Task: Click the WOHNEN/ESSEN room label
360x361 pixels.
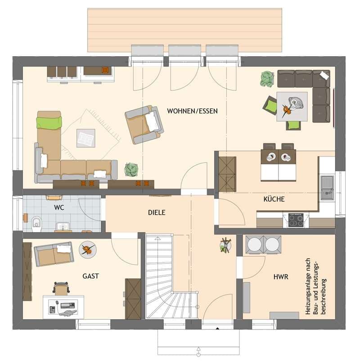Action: (192, 111)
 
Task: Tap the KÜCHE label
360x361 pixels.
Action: (274, 199)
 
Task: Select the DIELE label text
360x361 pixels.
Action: (157, 212)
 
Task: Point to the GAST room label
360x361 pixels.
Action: (91, 276)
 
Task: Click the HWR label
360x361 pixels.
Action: (281, 277)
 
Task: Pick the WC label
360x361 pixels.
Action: (59, 208)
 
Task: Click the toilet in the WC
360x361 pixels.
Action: (36, 224)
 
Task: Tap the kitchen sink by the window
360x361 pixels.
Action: (327, 188)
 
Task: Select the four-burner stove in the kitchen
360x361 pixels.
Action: (296, 220)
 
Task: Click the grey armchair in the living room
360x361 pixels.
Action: (144, 125)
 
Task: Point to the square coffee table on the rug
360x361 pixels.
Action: (86, 138)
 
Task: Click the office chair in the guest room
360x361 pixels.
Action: (62, 288)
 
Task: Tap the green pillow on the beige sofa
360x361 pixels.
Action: (49, 122)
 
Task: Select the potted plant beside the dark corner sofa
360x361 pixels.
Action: (267, 79)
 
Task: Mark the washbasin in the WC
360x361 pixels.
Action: (63, 226)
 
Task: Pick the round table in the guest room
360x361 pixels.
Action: (87, 250)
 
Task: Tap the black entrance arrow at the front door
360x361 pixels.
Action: (217, 329)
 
